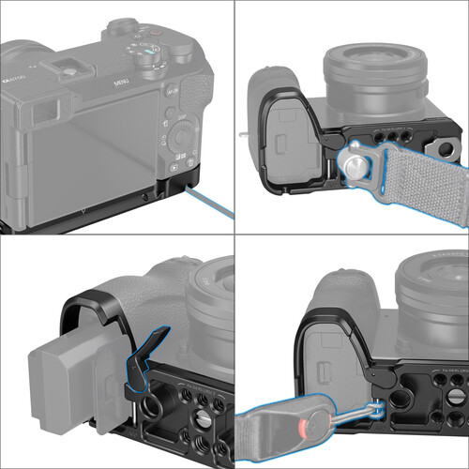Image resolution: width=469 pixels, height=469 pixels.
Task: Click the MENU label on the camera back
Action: (x=121, y=83)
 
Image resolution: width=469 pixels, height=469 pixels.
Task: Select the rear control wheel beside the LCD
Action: (x=181, y=137)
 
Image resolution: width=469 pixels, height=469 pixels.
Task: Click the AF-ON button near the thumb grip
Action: (x=172, y=95)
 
